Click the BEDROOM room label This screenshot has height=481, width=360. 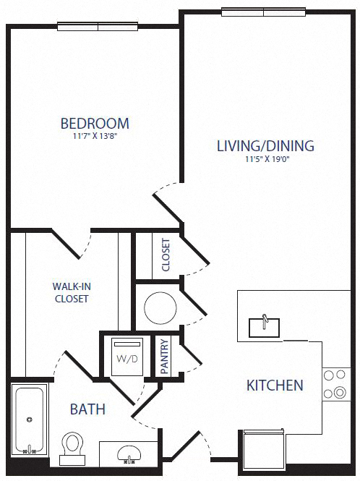[95, 123]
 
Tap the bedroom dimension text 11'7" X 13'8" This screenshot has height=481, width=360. [95, 136]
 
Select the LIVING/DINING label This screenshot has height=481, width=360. [265, 145]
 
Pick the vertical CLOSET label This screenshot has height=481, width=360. [166, 255]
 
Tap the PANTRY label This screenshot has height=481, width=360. [164, 356]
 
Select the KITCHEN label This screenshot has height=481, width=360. [275, 385]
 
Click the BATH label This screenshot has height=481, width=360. [87, 409]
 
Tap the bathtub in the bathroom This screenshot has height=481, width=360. [30, 420]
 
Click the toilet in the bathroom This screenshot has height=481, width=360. [72, 446]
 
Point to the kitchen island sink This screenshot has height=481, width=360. [266, 326]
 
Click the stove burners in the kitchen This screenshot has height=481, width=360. [334, 384]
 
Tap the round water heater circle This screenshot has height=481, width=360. [160, 308]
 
